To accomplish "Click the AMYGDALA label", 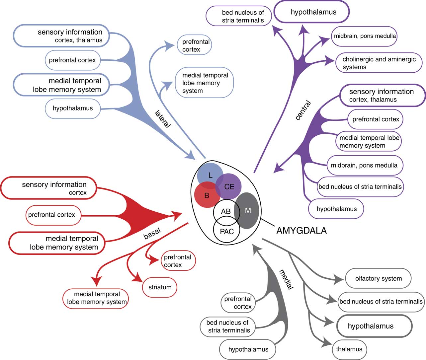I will [301, 231].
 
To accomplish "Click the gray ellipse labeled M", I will [248, 211].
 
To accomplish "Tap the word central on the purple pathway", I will [303, 110].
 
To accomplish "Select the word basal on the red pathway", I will [152, 234].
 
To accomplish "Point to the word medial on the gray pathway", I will [286, 280].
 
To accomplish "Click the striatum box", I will [160, 287].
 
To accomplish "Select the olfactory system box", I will [378, 278].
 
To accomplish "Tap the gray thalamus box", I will [349, 349].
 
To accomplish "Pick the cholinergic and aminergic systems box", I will [379, 63].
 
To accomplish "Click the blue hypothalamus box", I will [73, 108].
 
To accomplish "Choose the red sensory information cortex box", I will [49, 188].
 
